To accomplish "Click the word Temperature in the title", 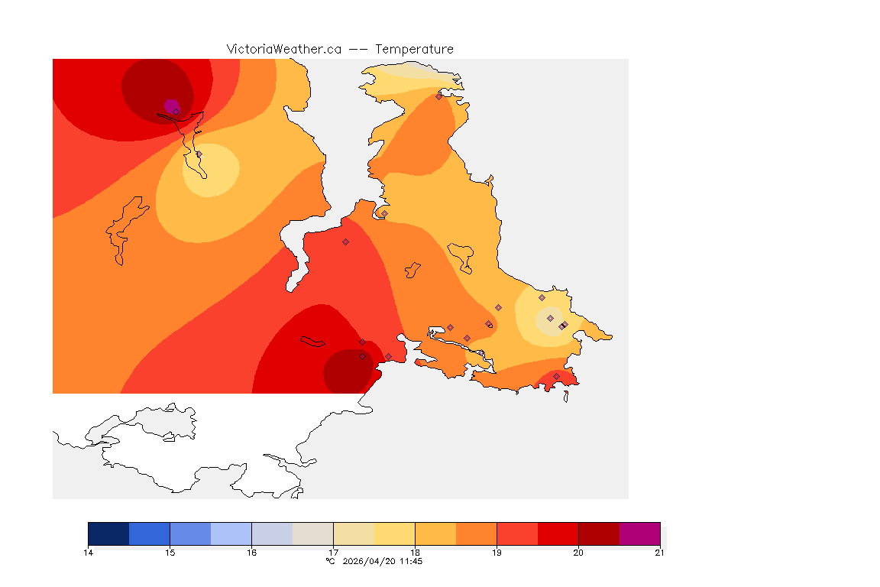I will point(414,49).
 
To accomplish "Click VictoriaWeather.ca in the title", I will point(283,49).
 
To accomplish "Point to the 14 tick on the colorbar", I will point(89,552).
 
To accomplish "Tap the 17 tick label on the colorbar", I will point(333,552).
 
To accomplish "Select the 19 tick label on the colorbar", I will point(497,552).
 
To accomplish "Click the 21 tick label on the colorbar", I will point(659,552).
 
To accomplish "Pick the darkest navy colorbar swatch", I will point(108,533).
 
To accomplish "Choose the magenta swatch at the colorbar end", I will point(639,533).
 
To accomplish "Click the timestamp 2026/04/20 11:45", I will point(383,561).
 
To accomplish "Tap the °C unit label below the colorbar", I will point(330,561).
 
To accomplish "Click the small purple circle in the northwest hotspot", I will point(171,105).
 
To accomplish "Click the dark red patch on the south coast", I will point(350,372).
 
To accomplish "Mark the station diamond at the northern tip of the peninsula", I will point(438,96).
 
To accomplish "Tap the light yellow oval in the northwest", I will point(211,170).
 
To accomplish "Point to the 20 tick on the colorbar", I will point(578,552).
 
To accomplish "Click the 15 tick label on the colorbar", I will point(170,552).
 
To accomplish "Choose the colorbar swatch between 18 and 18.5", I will point(435,533).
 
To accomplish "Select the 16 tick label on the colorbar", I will point(251,552).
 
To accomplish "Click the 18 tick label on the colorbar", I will point(415,552).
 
